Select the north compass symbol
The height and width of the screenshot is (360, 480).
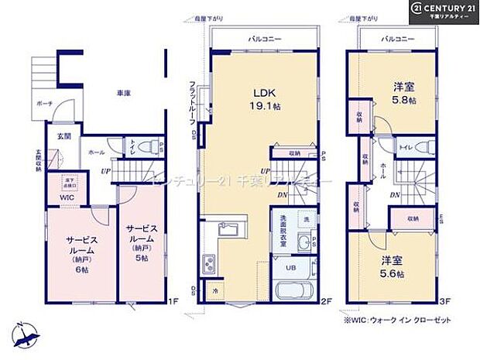(x=27, y=334)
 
